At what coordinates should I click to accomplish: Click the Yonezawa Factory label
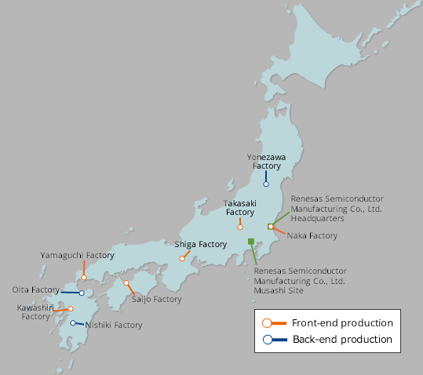coord(266,161)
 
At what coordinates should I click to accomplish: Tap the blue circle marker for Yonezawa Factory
coord(266,184)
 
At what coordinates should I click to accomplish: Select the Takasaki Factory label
coord(240,208)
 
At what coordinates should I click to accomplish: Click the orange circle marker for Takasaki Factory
coord(240,228)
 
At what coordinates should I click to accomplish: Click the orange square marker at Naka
coord(270,227)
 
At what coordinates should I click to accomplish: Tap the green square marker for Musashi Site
coord(250,241)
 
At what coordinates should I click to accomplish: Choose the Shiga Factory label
coord(200,244)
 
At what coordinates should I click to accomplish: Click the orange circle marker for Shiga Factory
coord(182,258)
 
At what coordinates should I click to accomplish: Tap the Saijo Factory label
coord(156,299)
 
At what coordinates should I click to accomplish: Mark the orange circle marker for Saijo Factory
coord(126,283)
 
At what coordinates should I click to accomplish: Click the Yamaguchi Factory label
coord(77,255)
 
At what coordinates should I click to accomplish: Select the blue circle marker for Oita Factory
coord(82,293)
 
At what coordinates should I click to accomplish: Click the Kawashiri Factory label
coord(35,311)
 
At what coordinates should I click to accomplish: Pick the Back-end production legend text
coord(342,339)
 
